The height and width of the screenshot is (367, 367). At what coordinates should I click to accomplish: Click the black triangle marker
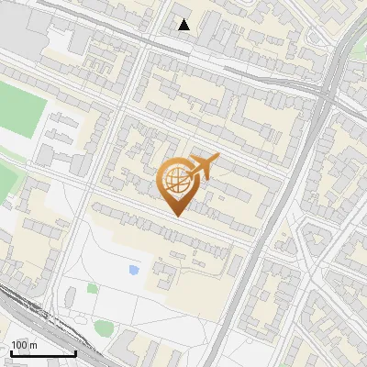[184, 25]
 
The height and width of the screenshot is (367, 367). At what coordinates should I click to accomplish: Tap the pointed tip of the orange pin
[176, 217]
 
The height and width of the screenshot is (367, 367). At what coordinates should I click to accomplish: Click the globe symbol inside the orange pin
[176, 181]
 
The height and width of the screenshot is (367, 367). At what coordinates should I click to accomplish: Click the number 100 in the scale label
[18, 345]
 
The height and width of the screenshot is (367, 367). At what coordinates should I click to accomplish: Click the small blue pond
[135, 270]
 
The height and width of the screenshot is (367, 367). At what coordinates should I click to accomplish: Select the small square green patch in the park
[93, 288]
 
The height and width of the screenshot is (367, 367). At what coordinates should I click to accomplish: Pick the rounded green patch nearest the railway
[104, 327]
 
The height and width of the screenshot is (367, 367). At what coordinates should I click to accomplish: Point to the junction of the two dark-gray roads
[327, 92]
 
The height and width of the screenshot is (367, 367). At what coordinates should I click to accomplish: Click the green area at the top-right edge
[361, 69]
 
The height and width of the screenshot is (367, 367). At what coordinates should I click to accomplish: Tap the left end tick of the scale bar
[11, 352]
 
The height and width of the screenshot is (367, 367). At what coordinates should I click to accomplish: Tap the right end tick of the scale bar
[75, 352]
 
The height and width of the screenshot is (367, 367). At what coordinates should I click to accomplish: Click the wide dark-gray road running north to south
[275, 220]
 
